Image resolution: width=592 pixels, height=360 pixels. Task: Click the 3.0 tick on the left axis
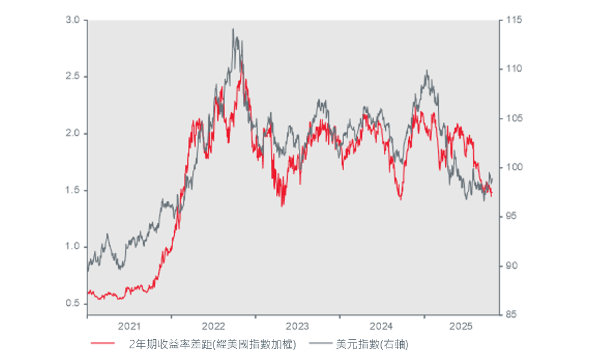click(72, 20)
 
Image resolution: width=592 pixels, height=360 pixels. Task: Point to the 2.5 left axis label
click(72, 77)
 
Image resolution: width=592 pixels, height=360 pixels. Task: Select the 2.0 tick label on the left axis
click(72, 134)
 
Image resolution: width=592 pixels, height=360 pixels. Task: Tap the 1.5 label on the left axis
click(72, 190)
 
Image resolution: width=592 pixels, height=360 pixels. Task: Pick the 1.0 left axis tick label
click(72, 247)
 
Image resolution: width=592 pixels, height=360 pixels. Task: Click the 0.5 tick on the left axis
click(72, 303)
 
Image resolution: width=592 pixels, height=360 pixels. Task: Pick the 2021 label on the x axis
click(129, 325)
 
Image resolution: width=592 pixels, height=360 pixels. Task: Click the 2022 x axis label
click(213, 325)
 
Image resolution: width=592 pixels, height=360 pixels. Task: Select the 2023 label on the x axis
click(297, 325)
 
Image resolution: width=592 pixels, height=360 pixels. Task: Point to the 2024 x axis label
click(381, 325)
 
